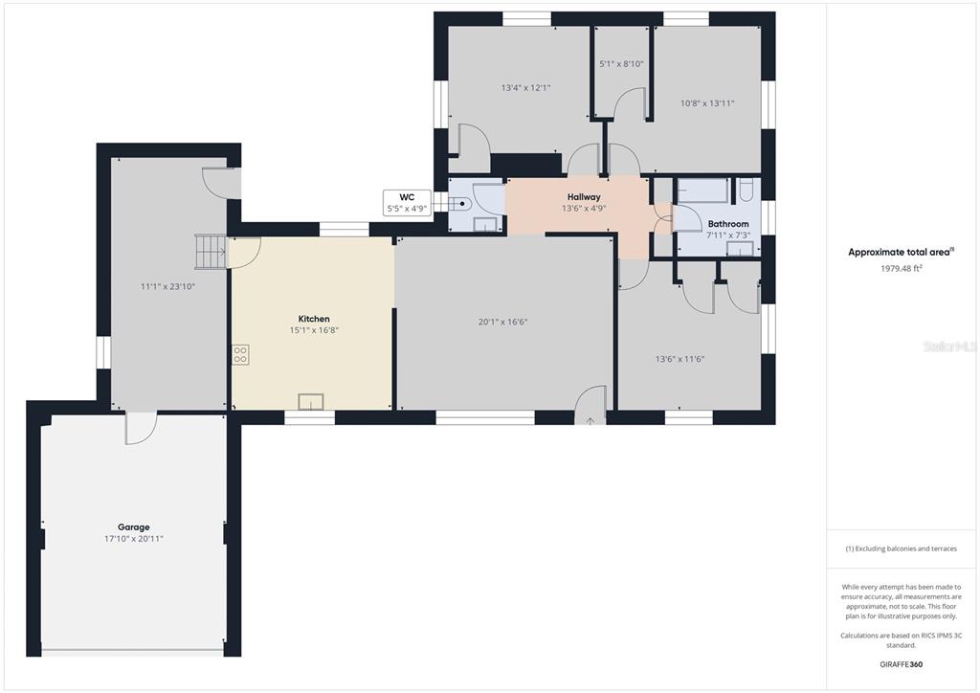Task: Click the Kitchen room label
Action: tap(314, 319)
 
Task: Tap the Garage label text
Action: tap(134, 526)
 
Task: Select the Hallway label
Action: tap(584, 197)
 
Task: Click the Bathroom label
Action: tap(728, 224)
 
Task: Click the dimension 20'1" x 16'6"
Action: tap(503, 322)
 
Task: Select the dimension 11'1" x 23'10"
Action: tap(168, 287)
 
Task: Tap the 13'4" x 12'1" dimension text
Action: tap(525, 88)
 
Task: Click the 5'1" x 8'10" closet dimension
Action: tap(621, 64)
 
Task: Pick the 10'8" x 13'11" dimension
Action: tap(707, 103)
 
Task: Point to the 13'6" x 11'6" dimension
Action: tap(680, 359)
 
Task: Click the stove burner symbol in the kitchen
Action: tap(240, 354)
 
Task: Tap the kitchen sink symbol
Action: tap(311, 401)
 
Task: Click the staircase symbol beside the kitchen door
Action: tap(211, 251)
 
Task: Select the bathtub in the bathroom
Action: tap(703, 190)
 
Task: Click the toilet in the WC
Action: tap(460, 203)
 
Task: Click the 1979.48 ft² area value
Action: tap(902, 268)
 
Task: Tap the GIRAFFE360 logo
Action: tap(902, 664)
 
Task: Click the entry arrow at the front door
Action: tap(590, 421)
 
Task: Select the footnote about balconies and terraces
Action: tap(902, 548)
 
